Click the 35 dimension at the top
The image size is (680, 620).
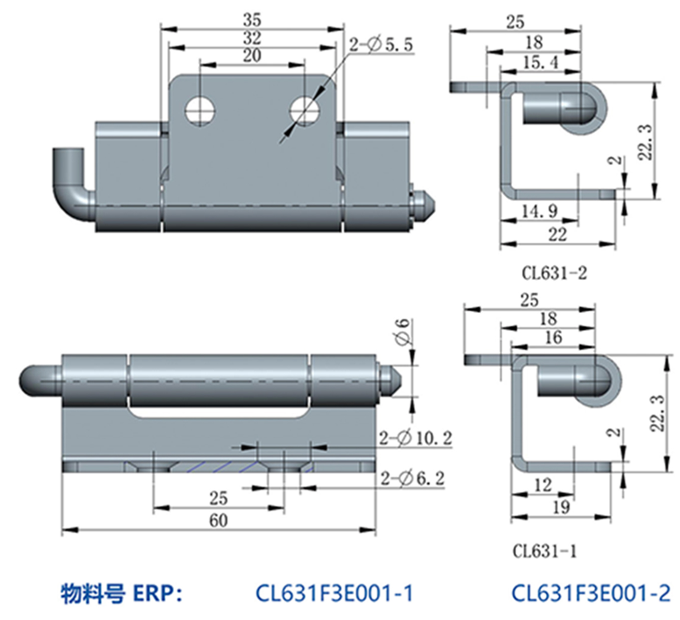tap(252, 20)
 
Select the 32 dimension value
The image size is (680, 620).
tap(252, 38)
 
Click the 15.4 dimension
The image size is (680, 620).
tap(540, 63)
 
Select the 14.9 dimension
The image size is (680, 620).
tap(539, 211)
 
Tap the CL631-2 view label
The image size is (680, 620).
tap(554, 273)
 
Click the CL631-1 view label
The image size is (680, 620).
tap(544, 551)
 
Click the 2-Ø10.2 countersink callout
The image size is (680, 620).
tap(416, 439)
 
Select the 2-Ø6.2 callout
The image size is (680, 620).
tap(412, 478)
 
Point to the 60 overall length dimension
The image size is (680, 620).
tap(218, 520)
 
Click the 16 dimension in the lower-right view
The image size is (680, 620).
tap(553, 337)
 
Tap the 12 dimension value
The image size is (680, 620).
tap(543, 484)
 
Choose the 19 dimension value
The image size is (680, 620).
tap(561, 507)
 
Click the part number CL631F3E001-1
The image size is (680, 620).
tap(334, 593)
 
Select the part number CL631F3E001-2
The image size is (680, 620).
tap(590, 593)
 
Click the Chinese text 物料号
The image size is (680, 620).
tap(93, 594)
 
